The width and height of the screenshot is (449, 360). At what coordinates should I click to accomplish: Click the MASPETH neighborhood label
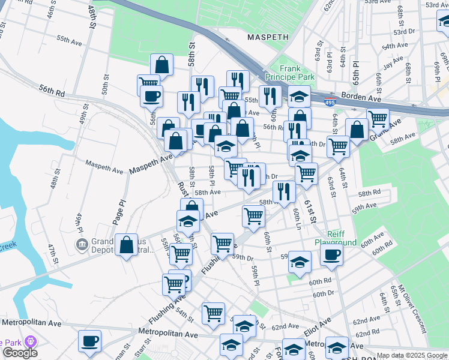(268, 37)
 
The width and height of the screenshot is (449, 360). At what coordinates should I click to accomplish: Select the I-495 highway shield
(330, 103)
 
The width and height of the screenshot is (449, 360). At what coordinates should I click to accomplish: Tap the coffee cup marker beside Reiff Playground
(331, 254)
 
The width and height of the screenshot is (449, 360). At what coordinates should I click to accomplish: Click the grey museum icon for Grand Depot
(81, 244)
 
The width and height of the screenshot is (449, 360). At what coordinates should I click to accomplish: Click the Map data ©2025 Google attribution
(412, 355)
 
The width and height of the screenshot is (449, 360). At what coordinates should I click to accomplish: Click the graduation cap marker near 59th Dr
(300, 261)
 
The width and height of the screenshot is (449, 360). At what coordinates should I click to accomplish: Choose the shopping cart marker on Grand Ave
(378, 119)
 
